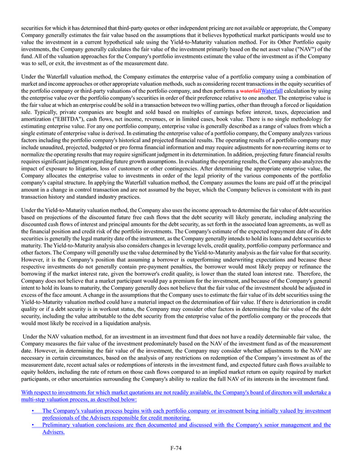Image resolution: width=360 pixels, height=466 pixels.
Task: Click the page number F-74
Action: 176,448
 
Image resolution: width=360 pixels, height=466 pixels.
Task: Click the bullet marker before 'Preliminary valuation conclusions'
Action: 34,425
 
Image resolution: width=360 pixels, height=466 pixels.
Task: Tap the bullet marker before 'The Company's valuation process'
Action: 34,411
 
